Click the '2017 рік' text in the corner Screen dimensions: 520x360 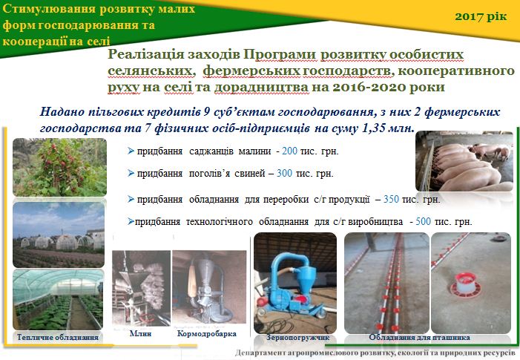tap(481, 16)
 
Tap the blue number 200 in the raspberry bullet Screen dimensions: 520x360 tap(289, 151)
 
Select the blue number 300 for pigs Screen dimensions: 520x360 tap(285, 173)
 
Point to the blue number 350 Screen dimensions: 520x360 tap(391, 199)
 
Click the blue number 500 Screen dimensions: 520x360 tap(423, 221)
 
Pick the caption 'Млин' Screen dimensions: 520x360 tap(141, 333)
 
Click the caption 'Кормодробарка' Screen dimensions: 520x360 tap(207, 333)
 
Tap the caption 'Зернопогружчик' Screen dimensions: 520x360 tap(297, 338)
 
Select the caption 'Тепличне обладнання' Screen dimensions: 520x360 tap(58, 337)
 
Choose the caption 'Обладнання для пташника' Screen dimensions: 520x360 tap(419, 338)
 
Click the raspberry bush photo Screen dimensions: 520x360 tap(59, 167)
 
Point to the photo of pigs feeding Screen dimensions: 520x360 tap(464, 161)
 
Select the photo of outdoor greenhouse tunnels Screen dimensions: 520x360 tap(59, 235)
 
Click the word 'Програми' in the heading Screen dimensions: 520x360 tap(280, 54)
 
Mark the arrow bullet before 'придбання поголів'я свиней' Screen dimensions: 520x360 tap(131, 173)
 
